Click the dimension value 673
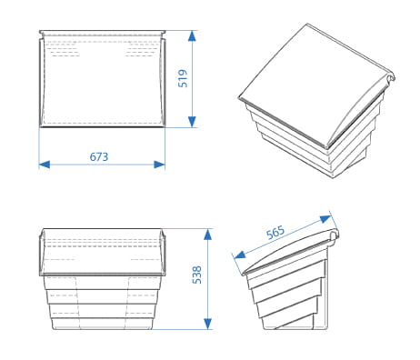click(99, 156)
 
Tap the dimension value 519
click(183, 78)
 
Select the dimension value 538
click(197, 275)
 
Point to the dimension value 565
click(275, 233)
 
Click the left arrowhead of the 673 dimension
click(45, 165)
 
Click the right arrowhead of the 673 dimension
click(159, 165)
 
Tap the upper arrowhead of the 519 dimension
click(192, 35)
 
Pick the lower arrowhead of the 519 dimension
click(192, 122)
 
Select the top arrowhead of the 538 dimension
click(207, 235)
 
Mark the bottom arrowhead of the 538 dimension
click(207, 324)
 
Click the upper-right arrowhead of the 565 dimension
click(325, 218)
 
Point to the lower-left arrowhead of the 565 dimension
click(240, 255)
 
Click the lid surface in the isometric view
click(312, 82)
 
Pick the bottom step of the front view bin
click(103, 324)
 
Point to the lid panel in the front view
click(103, 252)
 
